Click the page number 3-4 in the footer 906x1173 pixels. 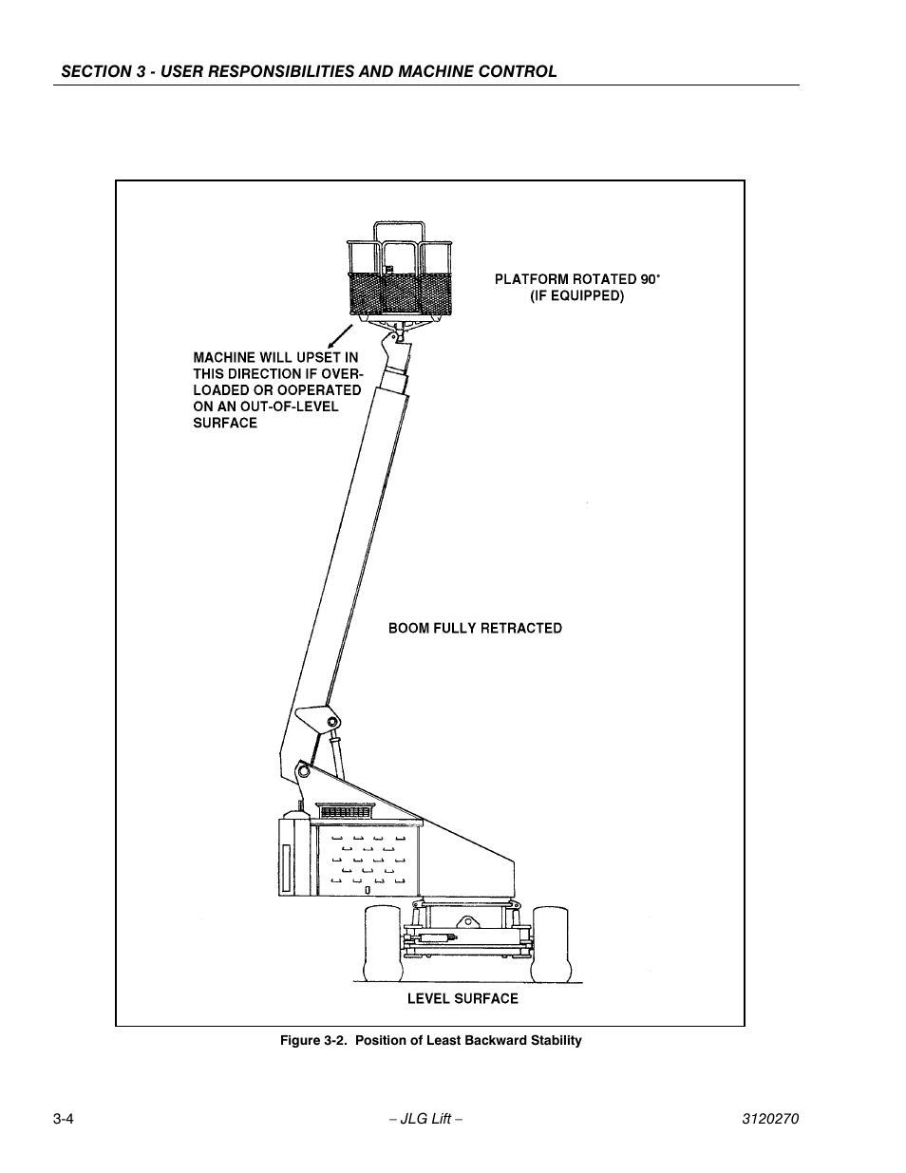pyautogui.click(x=64, y=1119)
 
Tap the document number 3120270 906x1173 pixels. pyautogui.click(x=770, y=1119)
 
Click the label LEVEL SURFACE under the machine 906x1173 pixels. pyautogui.click(x=462, y=998)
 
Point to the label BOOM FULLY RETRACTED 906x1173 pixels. pyautogui.click(x=475, y=628)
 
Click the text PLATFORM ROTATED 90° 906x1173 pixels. pyautogui.click(x=576, y=279)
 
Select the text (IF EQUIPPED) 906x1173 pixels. pyautogui.click(x=576, y=295)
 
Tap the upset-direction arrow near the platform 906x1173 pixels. pyautogui.click(x=337, y=333)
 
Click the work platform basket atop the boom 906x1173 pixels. pyautogui.click(x=403, y=275)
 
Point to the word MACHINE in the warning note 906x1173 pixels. pyautogui.click(x=224, y=357)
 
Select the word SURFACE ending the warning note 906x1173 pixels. pyautogui.click(x=225, y=423)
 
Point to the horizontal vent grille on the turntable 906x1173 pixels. pyautogui.click(x=349, y=813)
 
